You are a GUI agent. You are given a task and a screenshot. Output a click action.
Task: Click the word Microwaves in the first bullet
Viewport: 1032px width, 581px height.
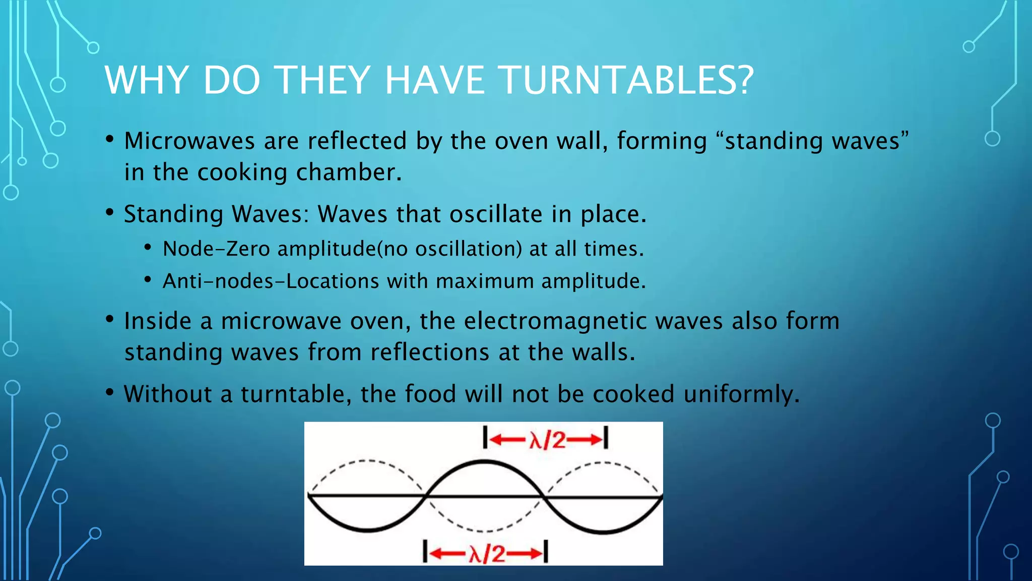pos(189,141)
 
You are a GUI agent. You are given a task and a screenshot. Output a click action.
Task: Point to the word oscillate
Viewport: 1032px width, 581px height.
pos(495,214)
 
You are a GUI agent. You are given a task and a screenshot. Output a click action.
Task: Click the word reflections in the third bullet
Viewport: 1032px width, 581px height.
pos(430,352)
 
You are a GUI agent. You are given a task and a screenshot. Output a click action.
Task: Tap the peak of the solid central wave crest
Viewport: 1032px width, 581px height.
pos(484,461)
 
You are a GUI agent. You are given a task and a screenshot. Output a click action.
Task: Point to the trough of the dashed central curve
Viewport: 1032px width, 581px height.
pos(484,531)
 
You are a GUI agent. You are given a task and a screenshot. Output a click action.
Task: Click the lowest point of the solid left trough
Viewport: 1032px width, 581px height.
pos(368,531)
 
